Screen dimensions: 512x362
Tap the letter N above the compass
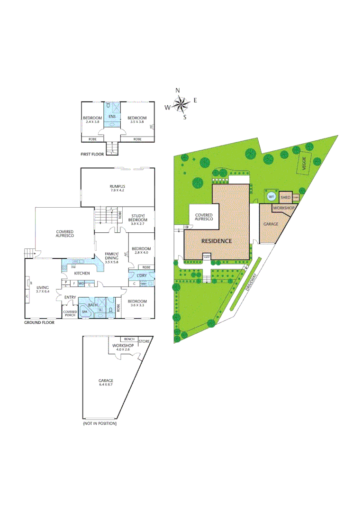click(178, 90)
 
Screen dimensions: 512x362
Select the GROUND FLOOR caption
click(39, 322)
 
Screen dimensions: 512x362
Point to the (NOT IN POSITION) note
click(100, 423)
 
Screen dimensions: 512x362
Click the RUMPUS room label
click(117, 186)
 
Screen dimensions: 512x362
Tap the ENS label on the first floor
click(112, 117)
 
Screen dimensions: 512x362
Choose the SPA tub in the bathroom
click(85, 311)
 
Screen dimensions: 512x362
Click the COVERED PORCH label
click(70, 313)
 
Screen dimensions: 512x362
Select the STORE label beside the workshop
click(144, 341)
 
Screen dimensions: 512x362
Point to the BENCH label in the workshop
click(128, 339)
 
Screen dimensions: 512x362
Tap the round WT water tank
click(271, 197)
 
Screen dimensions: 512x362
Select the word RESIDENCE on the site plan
click(217, 241)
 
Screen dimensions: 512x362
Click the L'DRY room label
click(141, 275)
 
